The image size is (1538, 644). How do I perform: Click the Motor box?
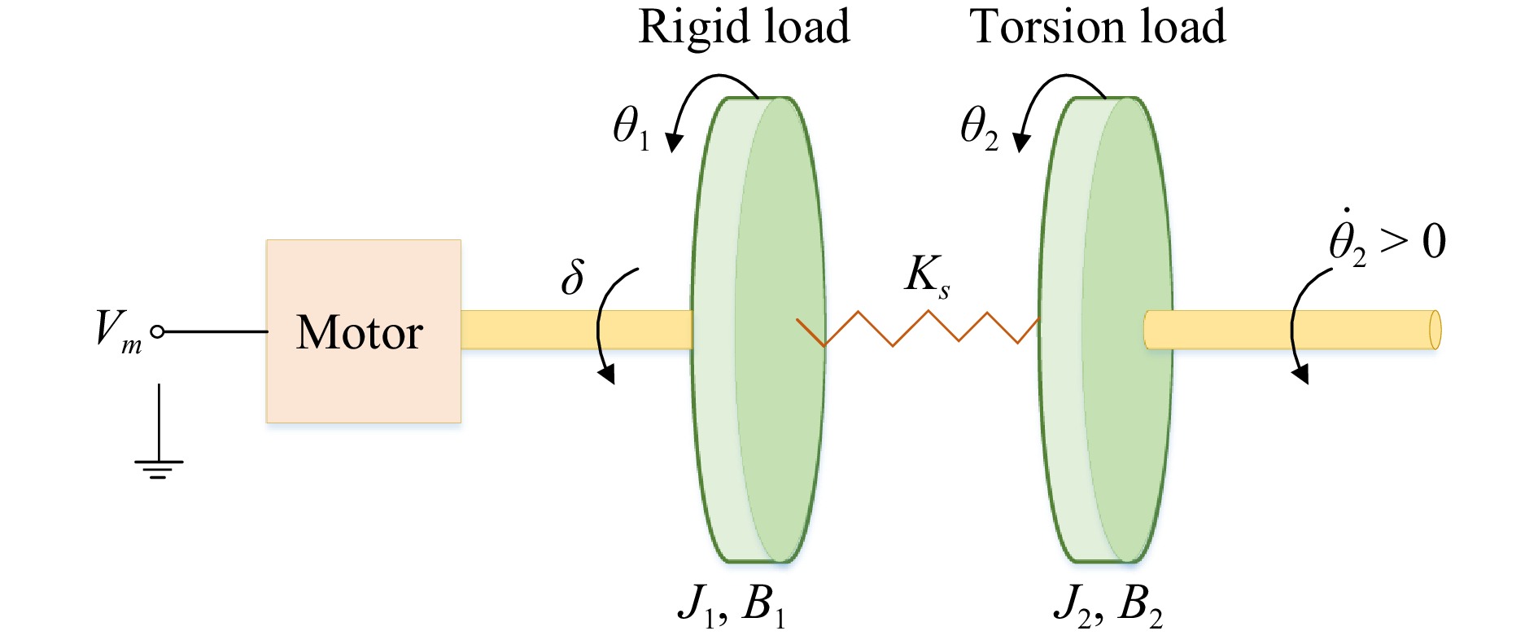(363, 331)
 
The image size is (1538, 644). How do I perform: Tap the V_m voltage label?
(117, 331)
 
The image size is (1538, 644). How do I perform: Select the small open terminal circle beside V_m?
(158, 331)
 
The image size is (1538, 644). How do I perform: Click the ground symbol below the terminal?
(159, 463)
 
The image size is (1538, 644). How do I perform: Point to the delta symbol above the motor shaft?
(573, 278)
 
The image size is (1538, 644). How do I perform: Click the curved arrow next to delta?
(604, 326)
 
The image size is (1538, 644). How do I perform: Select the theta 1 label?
(631, 129)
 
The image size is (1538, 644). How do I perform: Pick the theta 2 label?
(979, 129)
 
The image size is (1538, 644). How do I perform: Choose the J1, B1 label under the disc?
(732, 606)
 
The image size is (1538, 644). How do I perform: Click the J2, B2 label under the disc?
(1108, 606)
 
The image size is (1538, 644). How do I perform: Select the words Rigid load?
(744, 28)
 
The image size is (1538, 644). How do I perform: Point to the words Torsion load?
(1097, 28)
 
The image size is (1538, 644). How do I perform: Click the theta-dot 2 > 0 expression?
(1387, 241)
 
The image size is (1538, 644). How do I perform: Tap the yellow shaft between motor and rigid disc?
(576, 330)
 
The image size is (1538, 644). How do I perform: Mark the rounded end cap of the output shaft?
(1435, 330)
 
